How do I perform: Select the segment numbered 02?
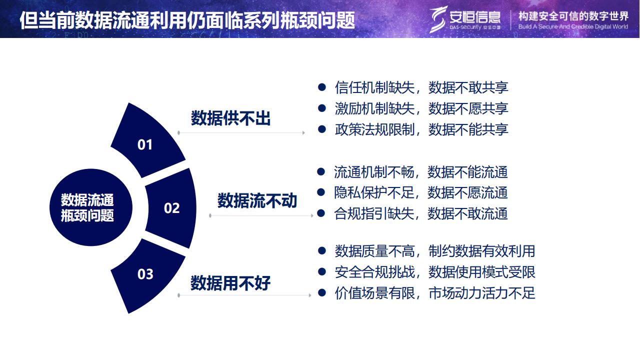coord(171,208)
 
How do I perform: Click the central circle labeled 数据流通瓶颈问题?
coord(91,207)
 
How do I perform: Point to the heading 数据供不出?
coord(230,118)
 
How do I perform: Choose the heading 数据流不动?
coord(257,200)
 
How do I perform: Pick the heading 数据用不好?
coord(230,283)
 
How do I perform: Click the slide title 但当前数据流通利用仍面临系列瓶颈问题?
coord(187,20)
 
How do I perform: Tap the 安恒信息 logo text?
coord(475,17)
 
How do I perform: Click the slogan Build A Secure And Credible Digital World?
coord(573,27)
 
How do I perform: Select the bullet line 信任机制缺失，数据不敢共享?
coord(421,87)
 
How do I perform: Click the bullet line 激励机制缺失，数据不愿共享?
coord(421,108)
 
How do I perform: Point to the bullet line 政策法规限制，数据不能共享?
coord(421,129)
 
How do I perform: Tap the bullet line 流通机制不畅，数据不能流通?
coord(420,172)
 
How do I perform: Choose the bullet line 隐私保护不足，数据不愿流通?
coord(420,192)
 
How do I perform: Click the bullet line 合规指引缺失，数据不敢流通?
coord(420,213)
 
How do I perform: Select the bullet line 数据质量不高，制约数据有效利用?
coord(434,251)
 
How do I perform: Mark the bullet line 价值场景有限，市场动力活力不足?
coord(434,293)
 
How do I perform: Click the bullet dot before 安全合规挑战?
coord(322,271)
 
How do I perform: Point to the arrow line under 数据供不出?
coord(241,133)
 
